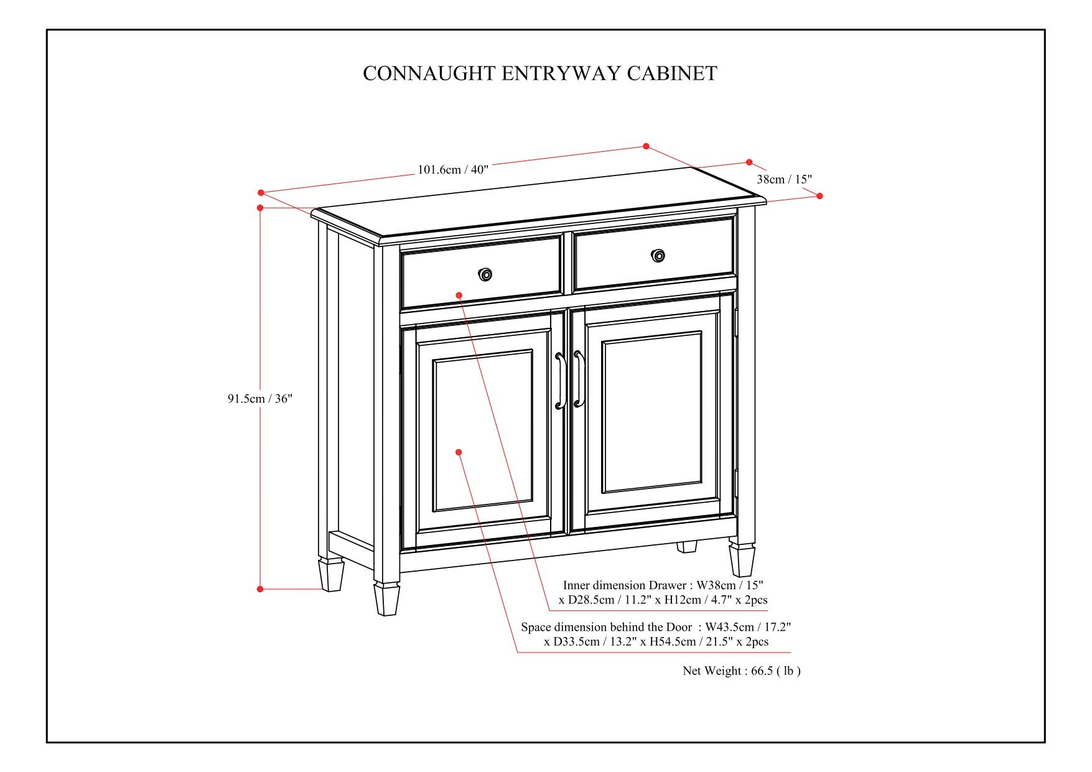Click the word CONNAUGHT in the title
coord(429,73)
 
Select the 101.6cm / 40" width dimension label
coord(452,169)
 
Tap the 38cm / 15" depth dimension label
coord(784,179)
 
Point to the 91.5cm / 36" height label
coord(259,399)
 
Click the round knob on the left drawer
coord(485,274)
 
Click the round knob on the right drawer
coord(658,256)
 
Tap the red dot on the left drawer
coord(459,295)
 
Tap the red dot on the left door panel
coord(459,452)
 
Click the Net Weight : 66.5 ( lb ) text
coord(741,671)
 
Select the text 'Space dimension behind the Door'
coord(606,627)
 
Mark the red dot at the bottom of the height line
coord(260,588)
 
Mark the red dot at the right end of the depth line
coord(819,196)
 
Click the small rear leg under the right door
coord(687,546)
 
